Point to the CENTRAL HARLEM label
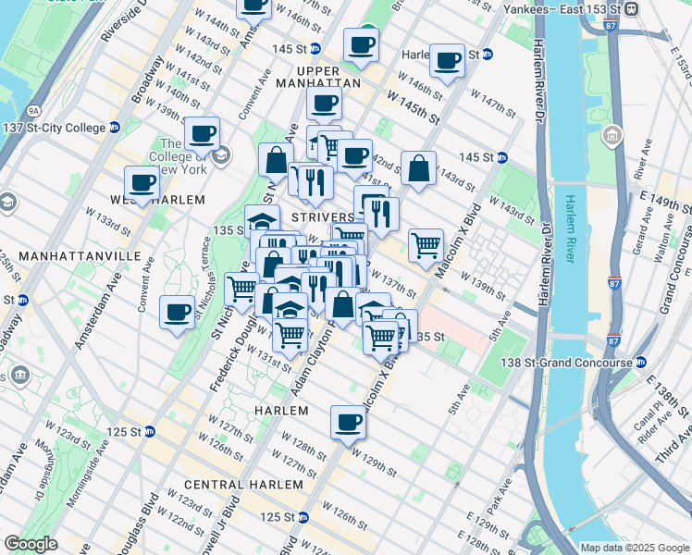click(243, 485)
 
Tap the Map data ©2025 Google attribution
click(634, 548)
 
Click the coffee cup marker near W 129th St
click(348, 423)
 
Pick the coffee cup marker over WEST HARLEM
click(142, 182)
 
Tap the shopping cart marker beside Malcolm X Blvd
click(426, 246)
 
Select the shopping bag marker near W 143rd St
click(418, 169)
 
